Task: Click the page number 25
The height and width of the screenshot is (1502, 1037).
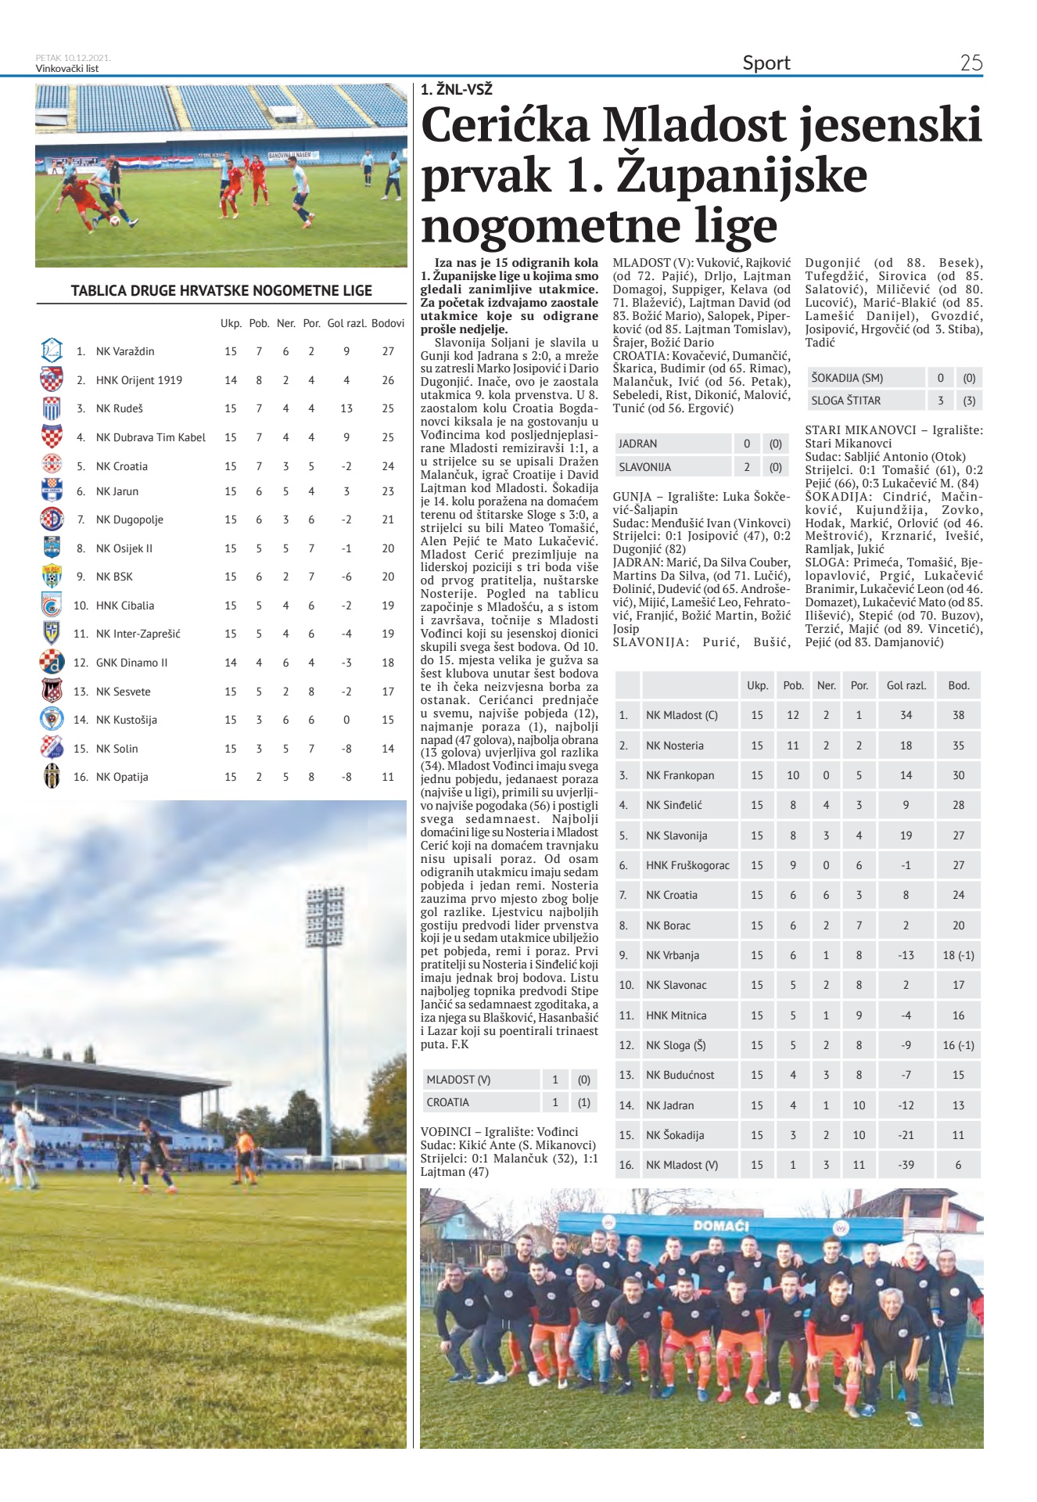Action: click(971, 63)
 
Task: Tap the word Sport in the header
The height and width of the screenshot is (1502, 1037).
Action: click(766, 63)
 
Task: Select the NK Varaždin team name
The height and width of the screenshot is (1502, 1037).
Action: click(125, 351)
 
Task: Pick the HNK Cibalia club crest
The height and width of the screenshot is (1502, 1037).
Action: click(51, 605)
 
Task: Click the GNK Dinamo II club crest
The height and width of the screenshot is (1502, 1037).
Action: click(52, 662)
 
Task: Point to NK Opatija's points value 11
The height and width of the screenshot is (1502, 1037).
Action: click(388, 777)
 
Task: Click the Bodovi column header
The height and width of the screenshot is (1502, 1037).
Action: click(388, 323)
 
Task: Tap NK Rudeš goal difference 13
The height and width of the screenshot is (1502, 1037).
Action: click(346, 408)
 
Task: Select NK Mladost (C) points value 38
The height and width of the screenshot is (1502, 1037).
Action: click(958, 715)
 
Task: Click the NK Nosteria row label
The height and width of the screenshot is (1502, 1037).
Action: click(674, 746)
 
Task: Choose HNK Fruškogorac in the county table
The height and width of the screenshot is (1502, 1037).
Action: click(687, 865)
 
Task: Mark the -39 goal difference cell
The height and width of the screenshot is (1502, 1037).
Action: click(906, 1165)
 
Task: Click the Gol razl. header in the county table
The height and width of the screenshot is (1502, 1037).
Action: click(906, 685)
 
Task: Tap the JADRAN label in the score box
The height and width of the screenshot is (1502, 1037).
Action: click(637, 444)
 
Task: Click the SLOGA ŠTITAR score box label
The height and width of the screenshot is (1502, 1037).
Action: click(845, 401)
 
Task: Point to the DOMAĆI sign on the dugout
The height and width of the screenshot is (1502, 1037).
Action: click(720, 1225)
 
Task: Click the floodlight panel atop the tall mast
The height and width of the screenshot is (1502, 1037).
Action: click(325, 915)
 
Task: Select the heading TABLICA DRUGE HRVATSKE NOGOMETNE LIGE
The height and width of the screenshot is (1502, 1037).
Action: click(221, 290)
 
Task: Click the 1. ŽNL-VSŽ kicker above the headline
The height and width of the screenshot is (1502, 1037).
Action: click(456, 90)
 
